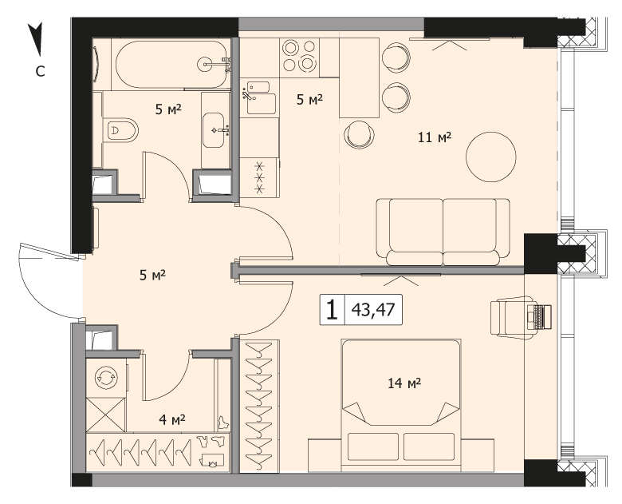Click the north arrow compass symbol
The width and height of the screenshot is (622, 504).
(x=37, y=39)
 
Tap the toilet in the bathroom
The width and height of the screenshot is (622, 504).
(x=120, y=130)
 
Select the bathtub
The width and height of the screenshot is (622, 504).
(x=171, y=65)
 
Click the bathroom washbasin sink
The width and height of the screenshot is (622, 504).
(x=214, y=130)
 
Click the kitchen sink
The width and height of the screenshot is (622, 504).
(x=259, y=97)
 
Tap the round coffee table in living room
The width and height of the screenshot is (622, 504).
(x=491, y=157)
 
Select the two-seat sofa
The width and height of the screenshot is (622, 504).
(x=443, y=232)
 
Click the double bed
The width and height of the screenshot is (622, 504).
(x=401, y=406)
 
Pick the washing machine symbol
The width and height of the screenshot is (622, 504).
(x=106, y=377)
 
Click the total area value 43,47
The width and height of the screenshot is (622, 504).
(x=373, y=310)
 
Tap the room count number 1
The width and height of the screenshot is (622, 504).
(x=332, y=310)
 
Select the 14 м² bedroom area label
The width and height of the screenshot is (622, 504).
(x=404, y=383)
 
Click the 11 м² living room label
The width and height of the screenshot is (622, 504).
(x=435, y=137)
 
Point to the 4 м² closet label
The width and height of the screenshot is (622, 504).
(x=172, y=419)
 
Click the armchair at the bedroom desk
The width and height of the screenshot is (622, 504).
(x=510, y=318)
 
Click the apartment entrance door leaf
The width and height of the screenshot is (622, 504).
(x=50, y=252)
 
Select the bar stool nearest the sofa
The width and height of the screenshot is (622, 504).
(x=360, y=135)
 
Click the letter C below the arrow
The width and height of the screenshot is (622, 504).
(x=40, y=72)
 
